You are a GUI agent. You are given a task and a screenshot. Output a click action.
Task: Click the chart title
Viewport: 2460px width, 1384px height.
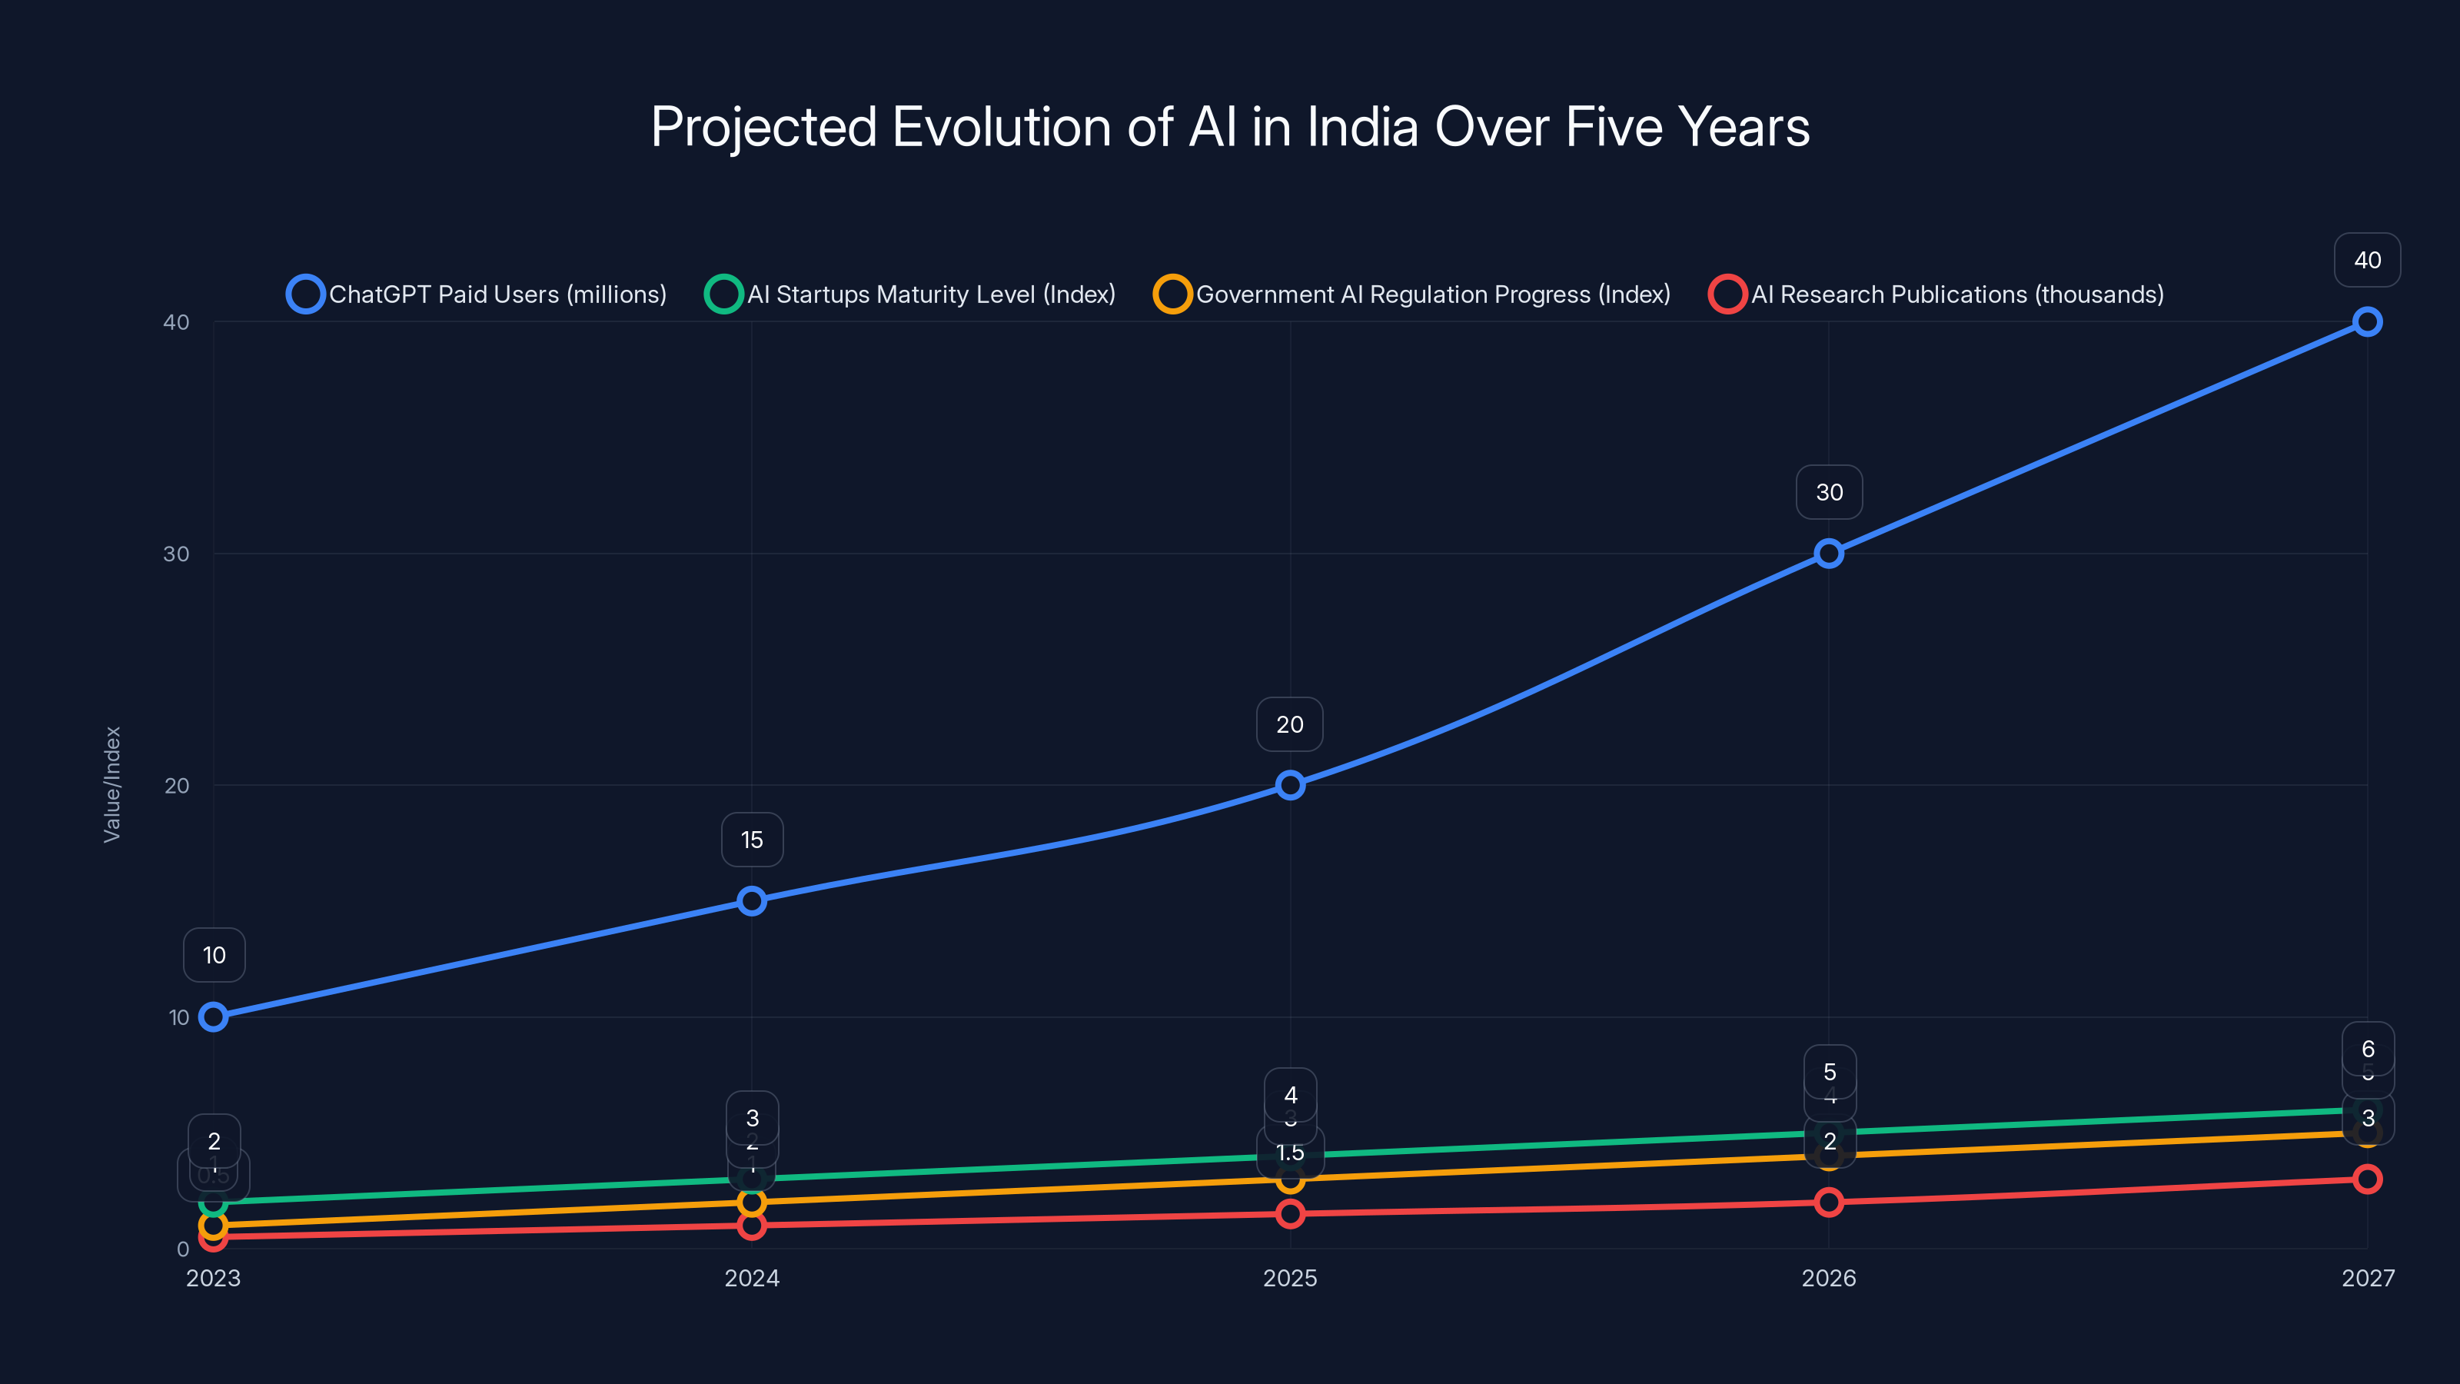coord(1230,127)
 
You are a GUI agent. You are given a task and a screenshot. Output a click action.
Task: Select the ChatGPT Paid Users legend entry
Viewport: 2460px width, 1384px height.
coord(477,294)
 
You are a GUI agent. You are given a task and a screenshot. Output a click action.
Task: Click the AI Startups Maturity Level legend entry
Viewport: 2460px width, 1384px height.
coord(911,294)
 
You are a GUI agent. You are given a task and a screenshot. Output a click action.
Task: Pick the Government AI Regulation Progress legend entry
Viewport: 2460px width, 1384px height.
coord(1414,294)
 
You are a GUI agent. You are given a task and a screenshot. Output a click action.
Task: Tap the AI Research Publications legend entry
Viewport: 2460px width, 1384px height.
coord(1936,294)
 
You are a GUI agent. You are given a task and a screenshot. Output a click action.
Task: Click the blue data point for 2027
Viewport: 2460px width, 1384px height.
coord(2366,322)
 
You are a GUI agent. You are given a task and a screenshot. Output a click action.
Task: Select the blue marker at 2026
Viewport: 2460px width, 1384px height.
coord(1828,554)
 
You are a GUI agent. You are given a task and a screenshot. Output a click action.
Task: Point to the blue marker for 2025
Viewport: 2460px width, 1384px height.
coord(1290,785)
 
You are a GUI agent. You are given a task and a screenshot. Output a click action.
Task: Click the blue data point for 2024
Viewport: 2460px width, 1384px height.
coord(752,900)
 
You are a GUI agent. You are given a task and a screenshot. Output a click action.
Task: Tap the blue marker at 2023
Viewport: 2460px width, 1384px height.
coord(214,1017)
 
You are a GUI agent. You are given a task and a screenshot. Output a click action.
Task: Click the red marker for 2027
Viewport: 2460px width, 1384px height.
coord(2366,1179)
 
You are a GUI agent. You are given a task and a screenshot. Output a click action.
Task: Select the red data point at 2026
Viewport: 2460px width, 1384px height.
coord(1828,1202)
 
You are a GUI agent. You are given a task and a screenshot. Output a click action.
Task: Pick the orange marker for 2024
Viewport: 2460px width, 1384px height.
coord(752,1202)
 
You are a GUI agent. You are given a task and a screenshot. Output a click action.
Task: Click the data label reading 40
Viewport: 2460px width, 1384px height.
coord(2366,260)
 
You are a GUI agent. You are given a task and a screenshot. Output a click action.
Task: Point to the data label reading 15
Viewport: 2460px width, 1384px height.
coord(752,840)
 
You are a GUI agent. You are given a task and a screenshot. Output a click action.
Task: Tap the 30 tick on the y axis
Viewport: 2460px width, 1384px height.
coord(177,554)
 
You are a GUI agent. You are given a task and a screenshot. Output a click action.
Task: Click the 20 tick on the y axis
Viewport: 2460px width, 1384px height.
coord(177,785)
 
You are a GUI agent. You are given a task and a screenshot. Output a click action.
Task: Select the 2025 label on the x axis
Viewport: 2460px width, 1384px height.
coord(1290,1278)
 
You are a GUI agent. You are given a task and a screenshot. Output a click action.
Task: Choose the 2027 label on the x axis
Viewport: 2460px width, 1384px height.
coord(2366,1278)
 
